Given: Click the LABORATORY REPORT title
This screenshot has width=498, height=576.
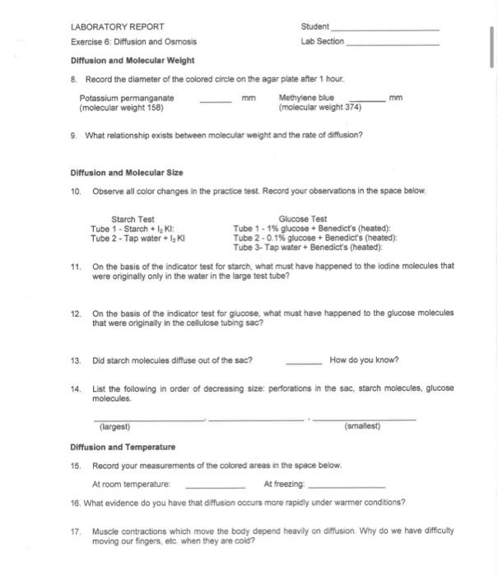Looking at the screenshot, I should [117, 26].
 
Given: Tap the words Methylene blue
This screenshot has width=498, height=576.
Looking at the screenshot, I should [300, 98].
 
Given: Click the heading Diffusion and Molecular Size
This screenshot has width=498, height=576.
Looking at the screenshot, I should [127, 173].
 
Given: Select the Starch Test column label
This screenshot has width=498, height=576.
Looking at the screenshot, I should [133, 219].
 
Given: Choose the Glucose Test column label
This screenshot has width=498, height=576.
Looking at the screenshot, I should [302, 219].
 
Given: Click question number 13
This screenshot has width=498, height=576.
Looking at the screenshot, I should [76, 360].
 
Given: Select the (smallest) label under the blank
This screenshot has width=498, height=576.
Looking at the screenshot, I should [362, 427].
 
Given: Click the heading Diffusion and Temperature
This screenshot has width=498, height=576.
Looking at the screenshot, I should [123, 447].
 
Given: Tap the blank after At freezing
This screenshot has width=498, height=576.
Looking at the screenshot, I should [345, 485].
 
